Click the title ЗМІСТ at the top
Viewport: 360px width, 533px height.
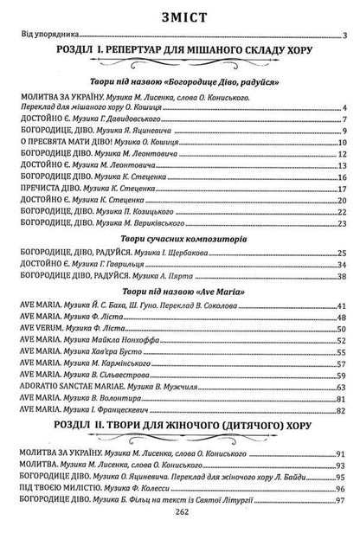pos(180,14)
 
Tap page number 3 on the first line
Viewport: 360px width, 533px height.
pos(344,36)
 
